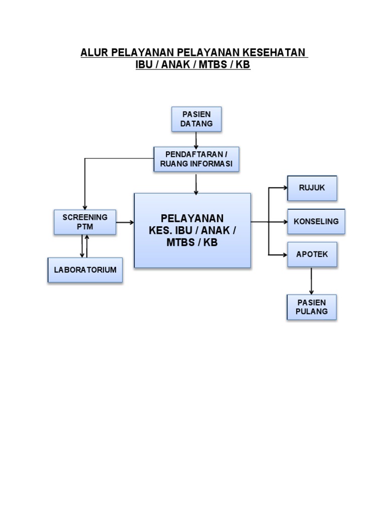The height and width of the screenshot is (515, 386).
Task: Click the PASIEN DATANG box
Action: (x=197, y=119)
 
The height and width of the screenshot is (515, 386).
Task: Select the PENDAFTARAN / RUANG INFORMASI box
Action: (x=196, y=159)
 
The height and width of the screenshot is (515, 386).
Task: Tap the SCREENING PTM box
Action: (x=85, y=222)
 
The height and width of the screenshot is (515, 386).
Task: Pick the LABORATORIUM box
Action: (x=85, y=270)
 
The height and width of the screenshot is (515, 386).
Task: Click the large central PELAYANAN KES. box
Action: (x=192, y=230)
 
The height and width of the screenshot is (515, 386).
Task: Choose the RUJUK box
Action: (x=312, y=188)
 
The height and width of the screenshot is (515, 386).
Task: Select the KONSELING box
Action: (x=316, y=221)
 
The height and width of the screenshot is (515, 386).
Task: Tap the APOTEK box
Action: (x=312, y=254)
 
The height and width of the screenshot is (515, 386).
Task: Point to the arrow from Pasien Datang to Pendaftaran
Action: (x=196, y=139)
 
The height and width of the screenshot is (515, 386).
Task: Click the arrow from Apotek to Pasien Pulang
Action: (x=312, y=281)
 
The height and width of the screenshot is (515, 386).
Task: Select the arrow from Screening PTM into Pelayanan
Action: (x=125, y=222)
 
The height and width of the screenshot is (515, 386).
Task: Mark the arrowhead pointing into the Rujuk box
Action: (x=283, y=188)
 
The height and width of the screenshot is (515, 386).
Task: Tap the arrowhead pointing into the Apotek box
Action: (x=283, y=254)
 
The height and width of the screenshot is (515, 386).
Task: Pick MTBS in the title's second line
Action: (x=212, y=65)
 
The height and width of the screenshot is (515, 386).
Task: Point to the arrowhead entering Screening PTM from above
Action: (x=85, y=207)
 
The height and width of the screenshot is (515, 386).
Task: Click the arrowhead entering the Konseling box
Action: (x=283, y=221)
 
